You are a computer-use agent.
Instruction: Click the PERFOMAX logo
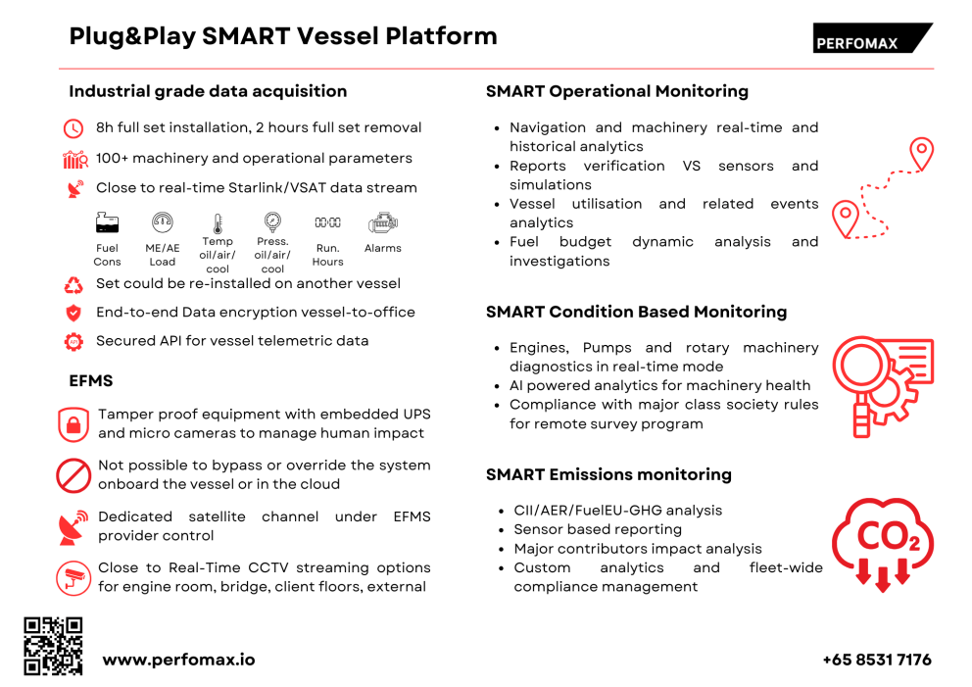click(x=871, y=39)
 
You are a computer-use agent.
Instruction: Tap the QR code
click(x=53, y=646)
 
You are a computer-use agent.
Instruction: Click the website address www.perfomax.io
click(x=178, y=660)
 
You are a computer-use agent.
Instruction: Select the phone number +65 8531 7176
click(x=876, y=660)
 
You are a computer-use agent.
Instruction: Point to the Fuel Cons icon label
click(x=108, y=255)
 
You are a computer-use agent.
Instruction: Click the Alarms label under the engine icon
click(x=382, y=248)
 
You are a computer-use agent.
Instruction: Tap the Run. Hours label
click(x=327, y=255)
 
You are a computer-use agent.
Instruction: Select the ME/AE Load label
click(x=163, y=255)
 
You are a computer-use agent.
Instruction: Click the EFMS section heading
click(x=91, y=379)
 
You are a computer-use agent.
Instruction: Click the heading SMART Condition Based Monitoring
click(x=636, y=312)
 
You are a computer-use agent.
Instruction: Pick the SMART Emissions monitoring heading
click(x=608, y=474)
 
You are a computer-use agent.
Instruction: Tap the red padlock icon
click(x=73, y=424)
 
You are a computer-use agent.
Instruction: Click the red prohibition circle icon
click(x=73, y=475)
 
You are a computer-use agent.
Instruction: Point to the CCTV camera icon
click(x=73, y=577)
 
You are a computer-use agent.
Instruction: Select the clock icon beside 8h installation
click(x=73, y=128)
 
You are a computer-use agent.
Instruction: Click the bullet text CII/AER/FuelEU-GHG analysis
click(x=617, y=511)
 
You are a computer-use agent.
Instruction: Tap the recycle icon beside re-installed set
click(x=73, y=285)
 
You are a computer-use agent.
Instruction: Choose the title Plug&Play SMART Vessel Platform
click(x=283, y=36)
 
